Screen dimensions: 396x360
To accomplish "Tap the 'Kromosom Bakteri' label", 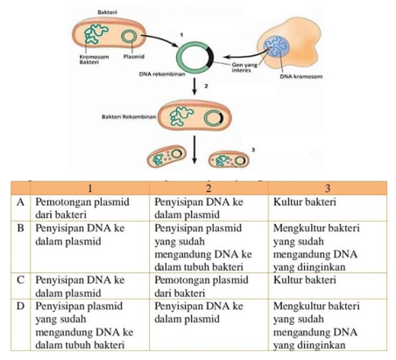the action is point(94,60).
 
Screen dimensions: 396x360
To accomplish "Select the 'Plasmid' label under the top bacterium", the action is point(134,57).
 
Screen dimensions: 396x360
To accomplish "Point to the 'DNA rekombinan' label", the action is point(162,74).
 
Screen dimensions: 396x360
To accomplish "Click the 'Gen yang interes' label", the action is point(244,67).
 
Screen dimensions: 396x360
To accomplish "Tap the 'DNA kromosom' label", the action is point(301,76).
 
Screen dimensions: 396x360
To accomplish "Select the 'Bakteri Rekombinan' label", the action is point(129,116).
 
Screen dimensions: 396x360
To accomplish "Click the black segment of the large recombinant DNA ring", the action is point(210,57).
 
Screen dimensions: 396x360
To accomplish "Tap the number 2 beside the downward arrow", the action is point(206,86).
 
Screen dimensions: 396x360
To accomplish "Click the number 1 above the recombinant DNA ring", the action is point(181,35).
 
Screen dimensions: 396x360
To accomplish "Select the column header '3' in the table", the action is point(328,188).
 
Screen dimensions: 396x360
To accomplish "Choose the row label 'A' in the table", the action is point(20,202).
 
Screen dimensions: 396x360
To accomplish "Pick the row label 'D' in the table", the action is point(20,307).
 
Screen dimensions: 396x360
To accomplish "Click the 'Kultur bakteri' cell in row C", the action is point(305,280).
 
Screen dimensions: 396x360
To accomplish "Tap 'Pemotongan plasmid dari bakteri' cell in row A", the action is point(82,208).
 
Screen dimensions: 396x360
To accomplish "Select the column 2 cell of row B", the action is point(202,247).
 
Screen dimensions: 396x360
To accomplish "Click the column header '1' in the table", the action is point(90,188).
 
